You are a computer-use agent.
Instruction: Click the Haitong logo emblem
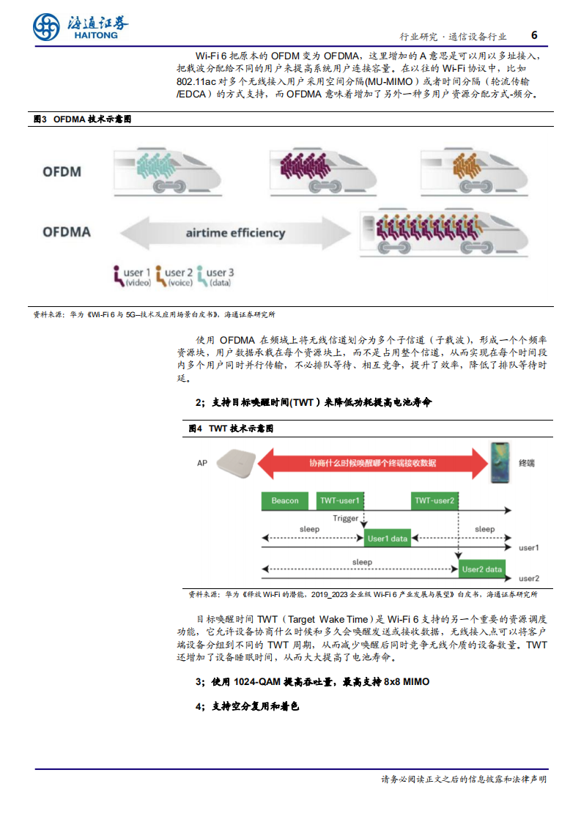tap(47, 27)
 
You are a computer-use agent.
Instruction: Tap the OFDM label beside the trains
tap(62, 172)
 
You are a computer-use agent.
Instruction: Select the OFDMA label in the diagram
tap(67, 232)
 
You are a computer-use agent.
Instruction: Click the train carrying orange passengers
tap(471, 170)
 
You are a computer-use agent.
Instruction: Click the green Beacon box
tap(286, 500)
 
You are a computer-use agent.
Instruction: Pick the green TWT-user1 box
tap(340, 500)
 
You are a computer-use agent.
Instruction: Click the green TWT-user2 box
tap(434, 500)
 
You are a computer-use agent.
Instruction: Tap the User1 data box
tap(388, 538)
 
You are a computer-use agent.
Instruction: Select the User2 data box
tap(482, 569)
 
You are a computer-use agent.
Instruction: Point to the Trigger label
tap(346, 519)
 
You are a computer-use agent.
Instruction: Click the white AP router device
tap(236, 464)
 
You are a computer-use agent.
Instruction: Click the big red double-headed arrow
tap(372, 463)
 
